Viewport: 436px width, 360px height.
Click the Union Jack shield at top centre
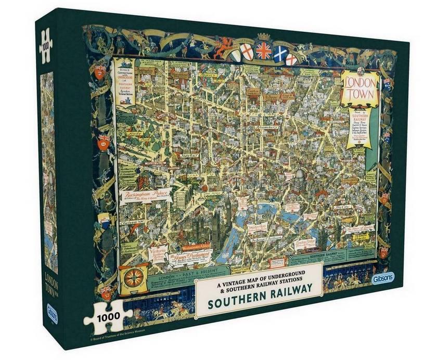(x=264, y=51)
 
